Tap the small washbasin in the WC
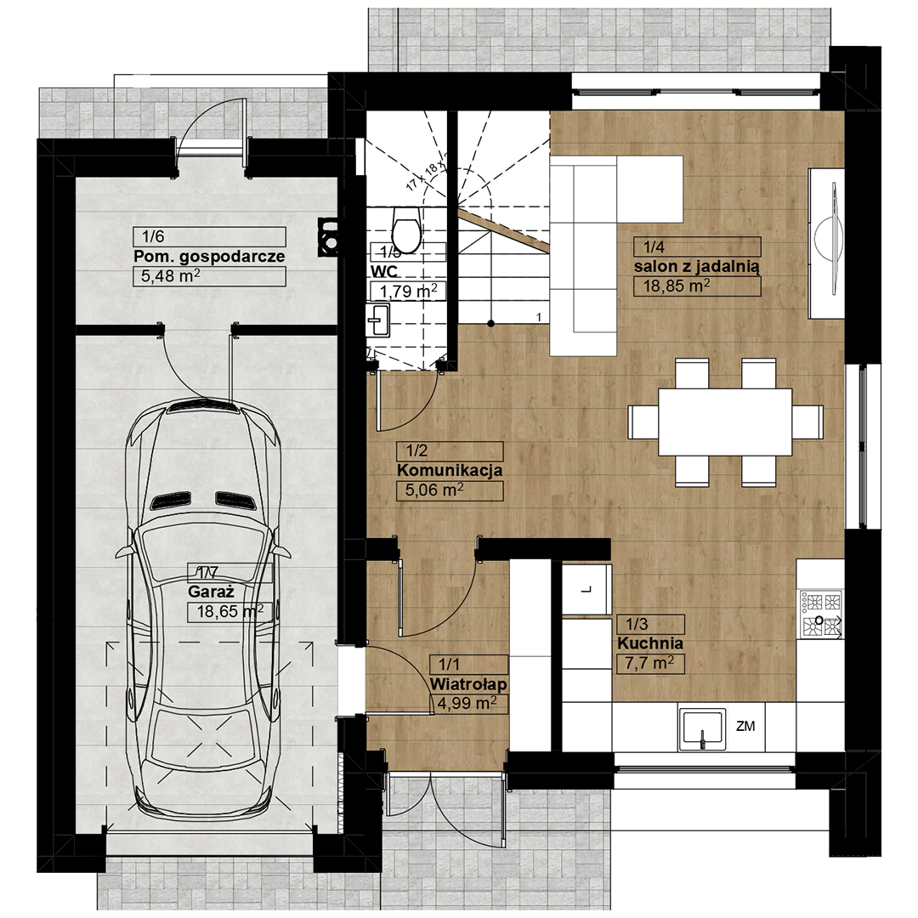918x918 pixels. (378, 320)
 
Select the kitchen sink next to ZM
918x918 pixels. (702, 729)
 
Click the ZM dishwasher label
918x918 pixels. (745, 727)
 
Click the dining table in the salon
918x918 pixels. (725, 422)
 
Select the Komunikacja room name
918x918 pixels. (450, 470)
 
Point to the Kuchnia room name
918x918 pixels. (650, 643)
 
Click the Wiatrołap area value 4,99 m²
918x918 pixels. (467, 703)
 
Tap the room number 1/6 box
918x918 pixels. (209, 236)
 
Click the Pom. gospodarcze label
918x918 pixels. (209, 257)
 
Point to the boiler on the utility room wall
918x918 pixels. (328, 237)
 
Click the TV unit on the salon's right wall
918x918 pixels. (826, 244)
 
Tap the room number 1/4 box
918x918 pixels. (697, 247)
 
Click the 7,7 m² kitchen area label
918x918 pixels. (650, 664)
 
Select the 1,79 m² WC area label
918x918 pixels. (408, 291)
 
